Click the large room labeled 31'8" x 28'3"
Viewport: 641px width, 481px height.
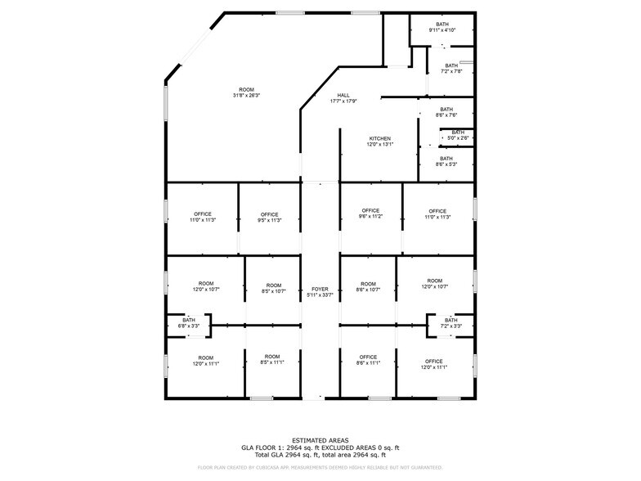pos(246,92)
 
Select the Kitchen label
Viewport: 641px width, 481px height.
pos(379,142)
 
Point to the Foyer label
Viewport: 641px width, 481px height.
pos(320,293)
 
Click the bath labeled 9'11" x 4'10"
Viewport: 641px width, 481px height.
pos(442,27)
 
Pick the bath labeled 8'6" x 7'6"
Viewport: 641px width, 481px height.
pos(446,112)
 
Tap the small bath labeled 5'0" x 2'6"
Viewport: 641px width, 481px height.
pos(458,135)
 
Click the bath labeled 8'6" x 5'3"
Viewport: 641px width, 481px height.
pos(446,161)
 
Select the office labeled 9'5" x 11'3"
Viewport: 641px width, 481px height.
pos(270,218)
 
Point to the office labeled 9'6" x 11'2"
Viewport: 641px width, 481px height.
pos(371,214)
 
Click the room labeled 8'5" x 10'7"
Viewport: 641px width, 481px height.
pos(273,287)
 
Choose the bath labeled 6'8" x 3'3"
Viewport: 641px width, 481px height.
pos(189,323)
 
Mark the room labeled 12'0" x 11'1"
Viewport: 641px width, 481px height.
pos(205,360)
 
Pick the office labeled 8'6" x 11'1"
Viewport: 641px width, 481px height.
pos(368,360)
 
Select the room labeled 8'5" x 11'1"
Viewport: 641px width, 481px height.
pos(272,360)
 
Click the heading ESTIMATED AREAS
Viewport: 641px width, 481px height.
pos(320,440)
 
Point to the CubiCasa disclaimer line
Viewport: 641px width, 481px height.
pos(320,468)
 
